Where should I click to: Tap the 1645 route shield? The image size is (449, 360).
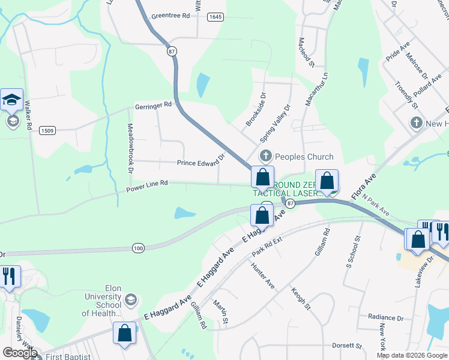[x=215, y=17]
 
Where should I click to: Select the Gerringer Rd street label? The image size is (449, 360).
[x=154, y=104]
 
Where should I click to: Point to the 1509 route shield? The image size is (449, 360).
[x=47, y=130]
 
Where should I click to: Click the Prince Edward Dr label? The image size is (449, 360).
[x=200, y=162]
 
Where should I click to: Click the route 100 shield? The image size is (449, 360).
[x=138, y=247]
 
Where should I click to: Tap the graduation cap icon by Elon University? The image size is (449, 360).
[x=130, y=299]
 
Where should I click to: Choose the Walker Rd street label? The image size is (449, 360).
[x=28, y=115]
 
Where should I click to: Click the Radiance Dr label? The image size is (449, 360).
[x=386, y=317]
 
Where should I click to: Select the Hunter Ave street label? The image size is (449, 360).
[x=262, y=276]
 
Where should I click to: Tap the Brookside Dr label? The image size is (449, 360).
[x=255, y=109]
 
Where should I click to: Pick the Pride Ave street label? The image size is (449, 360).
[x=397, y=52]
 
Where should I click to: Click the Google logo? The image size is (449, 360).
[x=19, y=353]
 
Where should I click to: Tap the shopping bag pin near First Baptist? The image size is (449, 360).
[x=125, y=334]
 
